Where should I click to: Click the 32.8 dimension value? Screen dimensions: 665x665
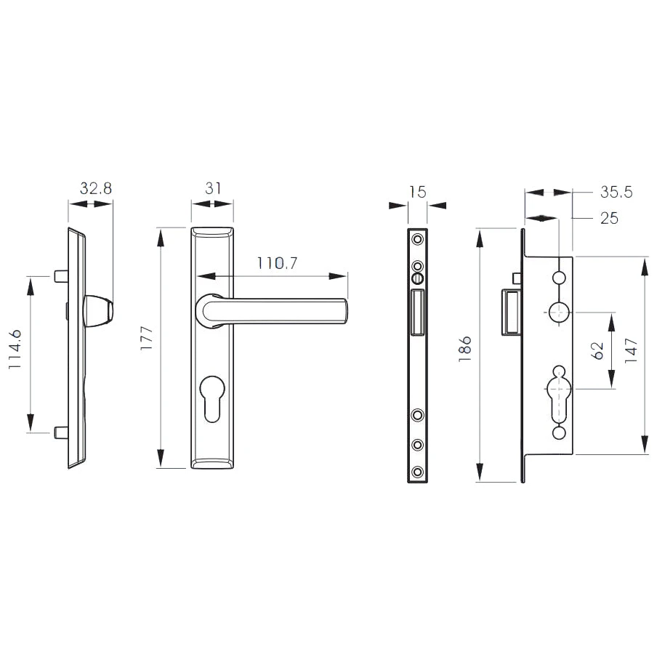pyautogui.click(x=96, y=188)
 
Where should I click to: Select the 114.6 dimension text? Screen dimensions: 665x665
pyautogui.click(x=15, y=350)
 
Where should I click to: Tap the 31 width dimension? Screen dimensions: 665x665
pyautogui.click(x=213, y=188)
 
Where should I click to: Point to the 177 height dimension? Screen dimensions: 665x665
pyautogui.click(x=146, y=338)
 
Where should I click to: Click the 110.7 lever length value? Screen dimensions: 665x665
pyautogui.click(x=278, y=263)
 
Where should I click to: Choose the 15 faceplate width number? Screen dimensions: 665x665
pyautogui.click(x=417, y=192)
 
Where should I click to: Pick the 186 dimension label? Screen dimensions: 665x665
pyautogui.click(x=465, y=349)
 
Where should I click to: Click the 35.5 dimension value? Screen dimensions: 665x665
pyautogui.click(x=616, y=192)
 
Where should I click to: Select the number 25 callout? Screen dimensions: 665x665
pyautogui.click(x=609, y=219)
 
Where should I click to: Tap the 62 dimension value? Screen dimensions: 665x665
pyautogui.click(x=597, y=351)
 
